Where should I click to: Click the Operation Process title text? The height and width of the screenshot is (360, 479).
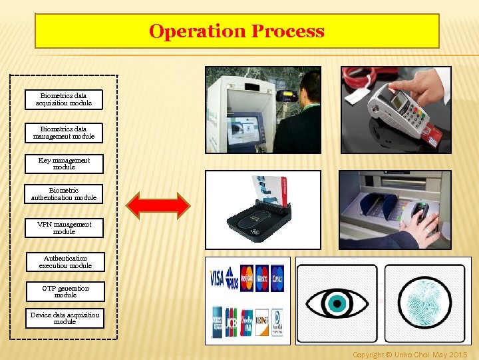tap(237, 31)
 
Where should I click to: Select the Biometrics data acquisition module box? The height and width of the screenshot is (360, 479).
tap(64, 99)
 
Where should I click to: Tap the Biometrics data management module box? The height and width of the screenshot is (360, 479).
tap(64, 133)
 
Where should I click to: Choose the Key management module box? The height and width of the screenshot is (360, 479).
tap(64, 163)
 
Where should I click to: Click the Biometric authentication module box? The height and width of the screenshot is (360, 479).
tap(64, 194)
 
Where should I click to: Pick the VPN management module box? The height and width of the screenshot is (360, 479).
tap(64, 228)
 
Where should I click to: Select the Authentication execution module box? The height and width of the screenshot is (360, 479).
tap(65, 262)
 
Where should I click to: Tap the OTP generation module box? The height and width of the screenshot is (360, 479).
tap(65, 291)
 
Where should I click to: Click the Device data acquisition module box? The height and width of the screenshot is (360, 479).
tap(65, 318)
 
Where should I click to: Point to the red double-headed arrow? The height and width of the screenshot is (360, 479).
tap(158, 205)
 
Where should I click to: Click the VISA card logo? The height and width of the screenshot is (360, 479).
tap(217, 277)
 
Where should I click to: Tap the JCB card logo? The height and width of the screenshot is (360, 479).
tap(232, 322)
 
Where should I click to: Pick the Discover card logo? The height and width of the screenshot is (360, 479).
tap(262, 322)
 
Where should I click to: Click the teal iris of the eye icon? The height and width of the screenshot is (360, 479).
tap(336, 304)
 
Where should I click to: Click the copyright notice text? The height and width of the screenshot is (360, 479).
tap(410, 355)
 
